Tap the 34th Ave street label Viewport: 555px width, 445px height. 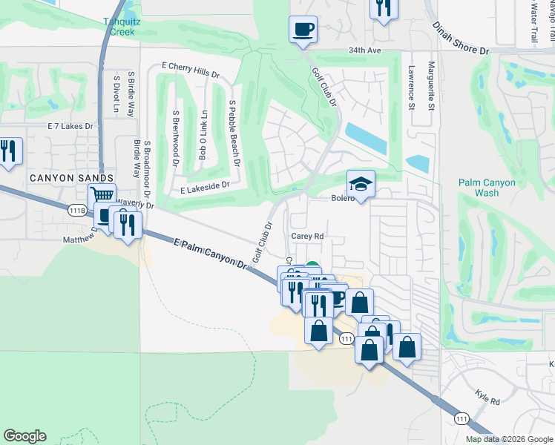click(364, 51)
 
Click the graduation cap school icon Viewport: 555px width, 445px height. click(361, 185)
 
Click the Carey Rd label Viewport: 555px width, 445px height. click(307, 237)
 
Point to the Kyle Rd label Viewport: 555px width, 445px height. click(489, 400)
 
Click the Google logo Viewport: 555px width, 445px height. click(24, 436)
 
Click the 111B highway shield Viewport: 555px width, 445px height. click(76, 211)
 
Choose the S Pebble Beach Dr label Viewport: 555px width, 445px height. click(234, 133)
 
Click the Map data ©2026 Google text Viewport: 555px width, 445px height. click(510, 439)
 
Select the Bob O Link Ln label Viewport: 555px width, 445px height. click(203, 135)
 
